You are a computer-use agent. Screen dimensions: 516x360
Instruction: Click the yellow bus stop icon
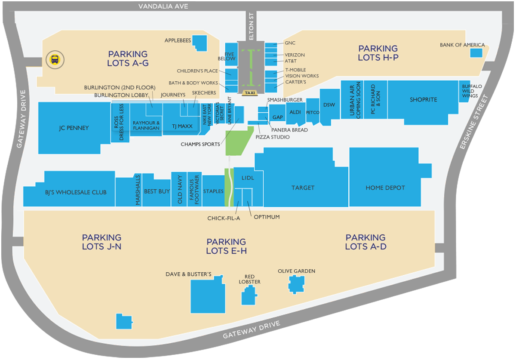[55, 59]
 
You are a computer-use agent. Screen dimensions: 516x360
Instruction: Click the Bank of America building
[476, 52]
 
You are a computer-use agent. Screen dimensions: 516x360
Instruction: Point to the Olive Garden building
[296, 284]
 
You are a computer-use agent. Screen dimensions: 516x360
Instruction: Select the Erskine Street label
[475, 123]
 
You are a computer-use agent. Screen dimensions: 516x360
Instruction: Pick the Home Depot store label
[385, 188]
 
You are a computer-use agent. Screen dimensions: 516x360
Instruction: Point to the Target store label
[303, 188]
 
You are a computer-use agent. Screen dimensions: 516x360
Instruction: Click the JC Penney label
[74, 128]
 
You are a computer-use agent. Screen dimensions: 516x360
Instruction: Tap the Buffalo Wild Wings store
[472, 91]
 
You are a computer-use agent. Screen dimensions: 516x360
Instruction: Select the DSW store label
[329, 105]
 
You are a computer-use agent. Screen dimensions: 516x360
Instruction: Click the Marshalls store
[138, 190]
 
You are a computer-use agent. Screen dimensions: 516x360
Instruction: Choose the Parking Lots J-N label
[102, 242]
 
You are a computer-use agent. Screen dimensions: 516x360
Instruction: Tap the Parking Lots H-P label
[378, 53]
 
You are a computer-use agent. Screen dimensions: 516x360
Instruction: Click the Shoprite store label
[423, 100]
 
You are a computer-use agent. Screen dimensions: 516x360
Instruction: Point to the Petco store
[312, 112]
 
